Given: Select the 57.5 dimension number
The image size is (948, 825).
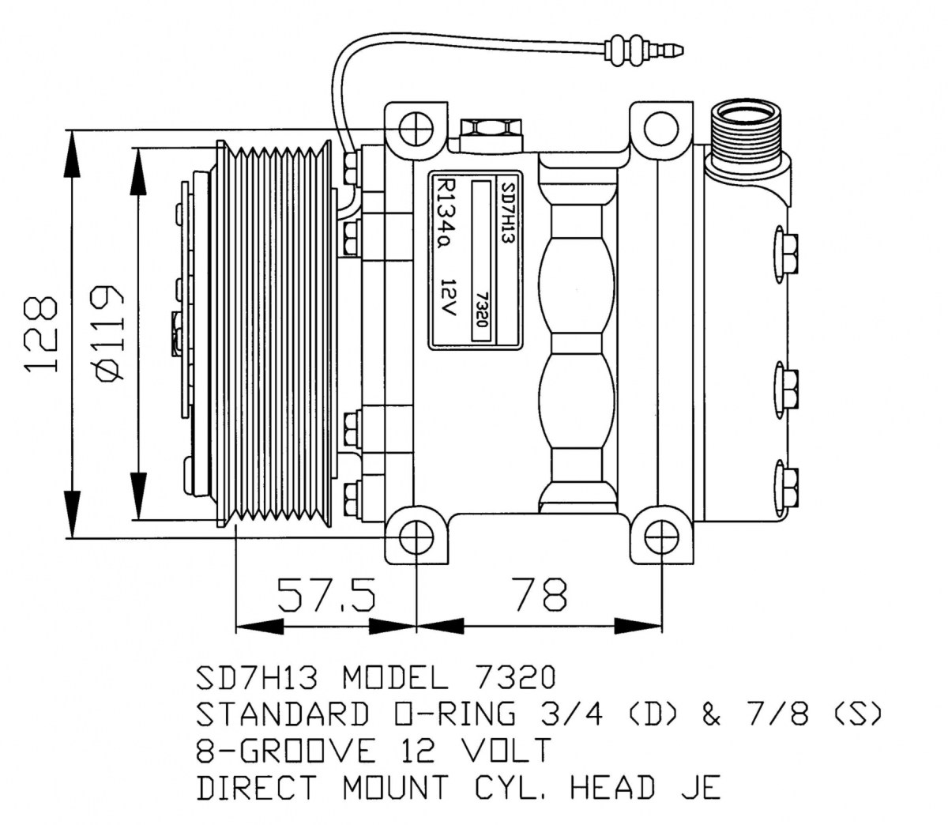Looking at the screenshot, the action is click(326, 595).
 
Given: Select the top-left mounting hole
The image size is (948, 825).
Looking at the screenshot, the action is click(416, 127).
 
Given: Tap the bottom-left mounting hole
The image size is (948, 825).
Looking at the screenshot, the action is click(416, 538).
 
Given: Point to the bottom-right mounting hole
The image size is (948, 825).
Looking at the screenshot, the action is click(661, 538).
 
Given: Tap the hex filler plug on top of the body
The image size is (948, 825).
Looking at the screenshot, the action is click(491, 134).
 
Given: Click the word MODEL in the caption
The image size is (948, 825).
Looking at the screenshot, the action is click(396, 677).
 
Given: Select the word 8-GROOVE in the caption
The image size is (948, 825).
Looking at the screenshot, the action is click(286, 751).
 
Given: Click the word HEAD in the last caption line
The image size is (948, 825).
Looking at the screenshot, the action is click(612, 787).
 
